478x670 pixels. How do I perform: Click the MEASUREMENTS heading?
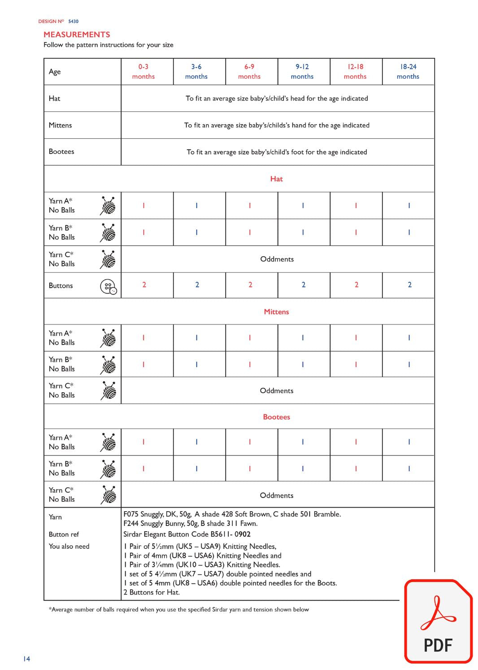click(x=77, y=35)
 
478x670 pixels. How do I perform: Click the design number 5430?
click(x=73, y=21)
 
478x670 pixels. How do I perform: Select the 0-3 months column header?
click(x=143, y=71)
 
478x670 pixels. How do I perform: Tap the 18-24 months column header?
click(x=408, y=71)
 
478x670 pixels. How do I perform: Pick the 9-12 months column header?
click(x=302, y=71)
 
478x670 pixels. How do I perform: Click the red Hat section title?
click(x=276, y=179)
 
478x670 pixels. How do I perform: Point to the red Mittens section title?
click(x=276, y=312)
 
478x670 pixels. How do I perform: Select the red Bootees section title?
click(x=276, y=417)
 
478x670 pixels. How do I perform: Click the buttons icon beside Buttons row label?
click(x=108, y=286)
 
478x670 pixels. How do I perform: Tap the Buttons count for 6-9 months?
click(x=250, y=285)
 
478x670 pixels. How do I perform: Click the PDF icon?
click(x=438, y=621)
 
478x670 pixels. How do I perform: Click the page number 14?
click(x=26, y=659)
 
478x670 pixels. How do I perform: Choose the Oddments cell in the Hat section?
click(x=277, y=259)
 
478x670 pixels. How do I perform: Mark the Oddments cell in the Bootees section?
click(x=276, y=495)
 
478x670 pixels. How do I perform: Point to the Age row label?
click(x=55, y=72)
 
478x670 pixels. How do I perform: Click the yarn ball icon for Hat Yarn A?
click(x=108, y=206)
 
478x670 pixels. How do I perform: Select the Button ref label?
click(x=64, y=534)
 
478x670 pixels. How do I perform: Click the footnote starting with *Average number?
click(x=178, y=609)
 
